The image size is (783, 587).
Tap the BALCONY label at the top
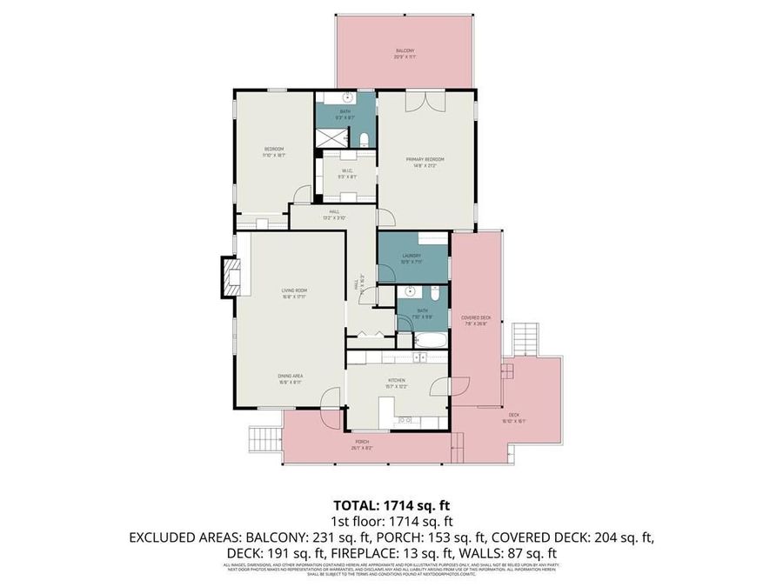pyautogui.click(x=401, y=53)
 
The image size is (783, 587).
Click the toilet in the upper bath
pyautogui.click(x=365, y=139)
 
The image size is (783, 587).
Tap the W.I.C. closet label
pyautogui.click(x=346, y=173)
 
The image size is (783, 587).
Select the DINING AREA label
pyautogui.click(x=289, y=377)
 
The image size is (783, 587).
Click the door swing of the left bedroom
pyautogui.click(x=301, y=195)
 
